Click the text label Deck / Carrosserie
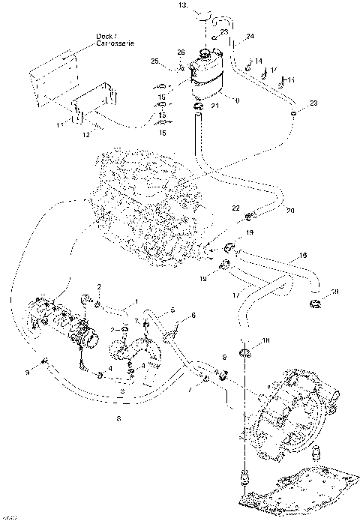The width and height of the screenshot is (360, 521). point(110,41)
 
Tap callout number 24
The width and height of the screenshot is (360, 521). point(250,36)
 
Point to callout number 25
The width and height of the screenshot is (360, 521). point(155,61)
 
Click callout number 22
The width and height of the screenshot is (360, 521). point(235,208)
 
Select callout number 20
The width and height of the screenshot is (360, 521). point(290,210)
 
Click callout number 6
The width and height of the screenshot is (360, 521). point(193,316)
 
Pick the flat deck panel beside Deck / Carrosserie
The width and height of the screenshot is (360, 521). point(52,75)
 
